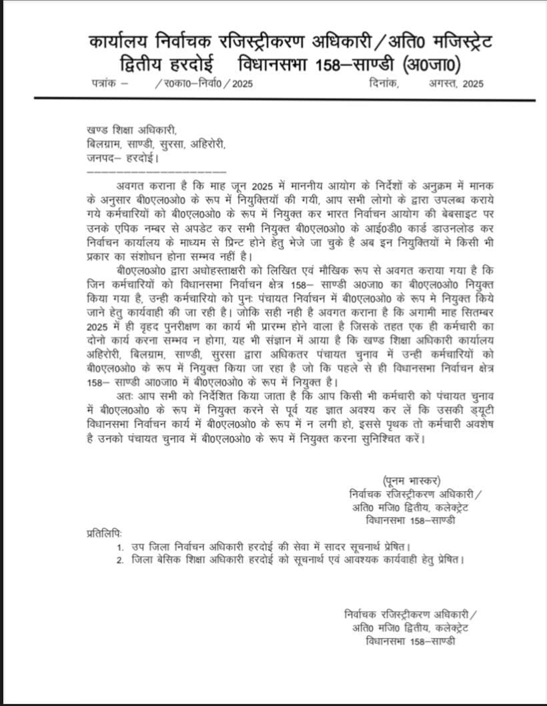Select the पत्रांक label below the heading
(105, 83)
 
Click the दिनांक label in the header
(382, 83)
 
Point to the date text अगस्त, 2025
(456, 83)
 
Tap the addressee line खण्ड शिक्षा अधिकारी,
(133, 131)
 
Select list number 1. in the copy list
(119, 547)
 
